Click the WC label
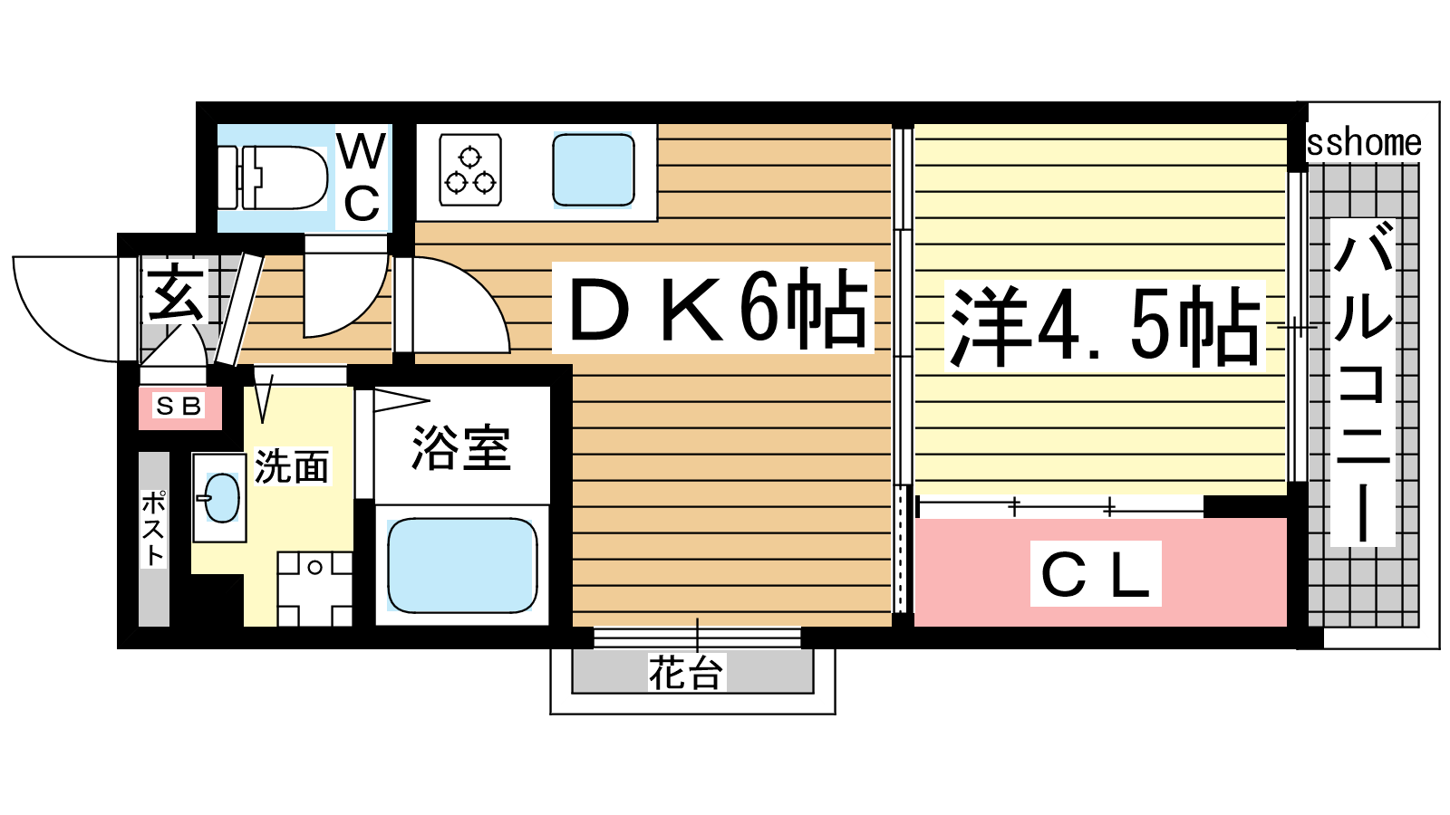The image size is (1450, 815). click(x=362, y=177)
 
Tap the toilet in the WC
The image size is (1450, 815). click(x=272, y=177)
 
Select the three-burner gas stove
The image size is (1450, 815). click(x=470, y=170)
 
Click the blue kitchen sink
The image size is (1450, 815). click(x=593, y=170)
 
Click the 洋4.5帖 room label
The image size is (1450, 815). click(x=1105, y=325)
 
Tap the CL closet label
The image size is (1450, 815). click(x=1096, y=574)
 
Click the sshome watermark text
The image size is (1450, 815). click(x=1363, y=143)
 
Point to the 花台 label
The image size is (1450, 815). click(x=686, y=673)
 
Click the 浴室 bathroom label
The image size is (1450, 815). click(x=461, y=447)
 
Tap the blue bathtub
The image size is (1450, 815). click(x=462, y=565)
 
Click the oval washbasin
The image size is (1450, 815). click(x=221, y=497)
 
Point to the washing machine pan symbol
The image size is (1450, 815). click(x=314, y=589)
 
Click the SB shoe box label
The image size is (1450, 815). click(x=179, y=407)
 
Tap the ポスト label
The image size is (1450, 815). click(x=154, y=529)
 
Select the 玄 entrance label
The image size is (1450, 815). click(x=176, y=292)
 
